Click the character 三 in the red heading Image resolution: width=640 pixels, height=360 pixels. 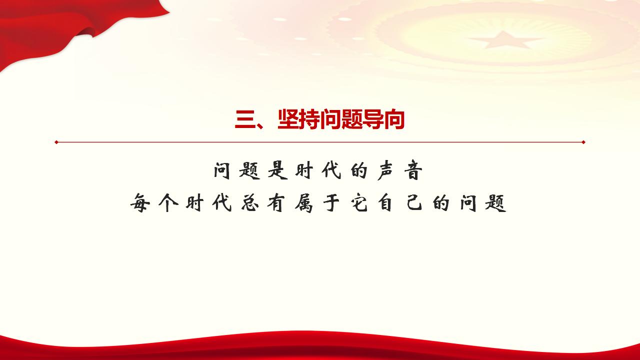click(244, 120)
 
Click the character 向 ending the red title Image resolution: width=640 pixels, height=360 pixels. click(393, 120)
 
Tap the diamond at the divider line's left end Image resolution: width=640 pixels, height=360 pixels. click(56, 142)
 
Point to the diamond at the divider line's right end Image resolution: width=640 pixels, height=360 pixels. click(583, 142)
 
